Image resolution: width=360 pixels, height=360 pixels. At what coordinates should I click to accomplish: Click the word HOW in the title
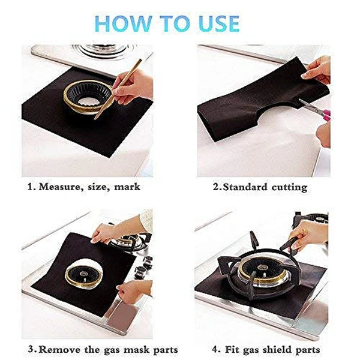(x=124, y=23)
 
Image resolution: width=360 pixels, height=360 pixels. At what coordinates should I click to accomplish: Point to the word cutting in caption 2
(x=289, y=188)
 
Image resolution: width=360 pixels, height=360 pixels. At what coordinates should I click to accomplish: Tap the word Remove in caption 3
(x=59, y=350)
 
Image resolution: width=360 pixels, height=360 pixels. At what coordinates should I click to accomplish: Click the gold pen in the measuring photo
(x=118, y=89)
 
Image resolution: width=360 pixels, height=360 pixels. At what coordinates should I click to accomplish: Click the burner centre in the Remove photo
(x=84, y=274)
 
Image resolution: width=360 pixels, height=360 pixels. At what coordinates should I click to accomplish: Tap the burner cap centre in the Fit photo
(x=262, y=267)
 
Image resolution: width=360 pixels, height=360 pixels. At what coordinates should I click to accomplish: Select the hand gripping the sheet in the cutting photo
(x=317, y=69)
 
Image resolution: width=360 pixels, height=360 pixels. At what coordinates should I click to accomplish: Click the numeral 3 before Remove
(x=31, y=350)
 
